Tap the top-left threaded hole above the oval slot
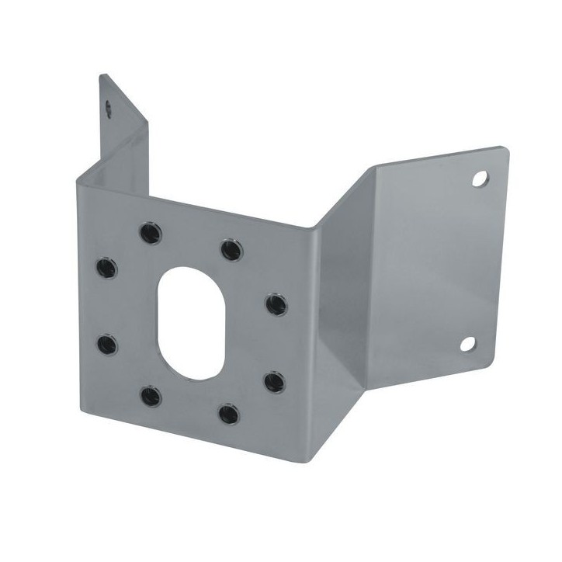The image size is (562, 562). [x=148, y=231]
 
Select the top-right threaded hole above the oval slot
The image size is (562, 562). [x=231, y=250]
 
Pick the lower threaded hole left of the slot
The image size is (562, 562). [x=108, y=342]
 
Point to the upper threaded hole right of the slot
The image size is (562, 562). [x=276, y=304]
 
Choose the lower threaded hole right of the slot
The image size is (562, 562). [x=274, y=382]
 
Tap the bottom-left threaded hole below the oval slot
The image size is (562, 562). [x=151, y=395]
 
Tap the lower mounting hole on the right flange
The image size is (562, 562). [x=468, y=343]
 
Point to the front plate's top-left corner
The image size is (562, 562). [x=78, y=179]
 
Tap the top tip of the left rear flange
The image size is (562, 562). [x=102, y=75]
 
